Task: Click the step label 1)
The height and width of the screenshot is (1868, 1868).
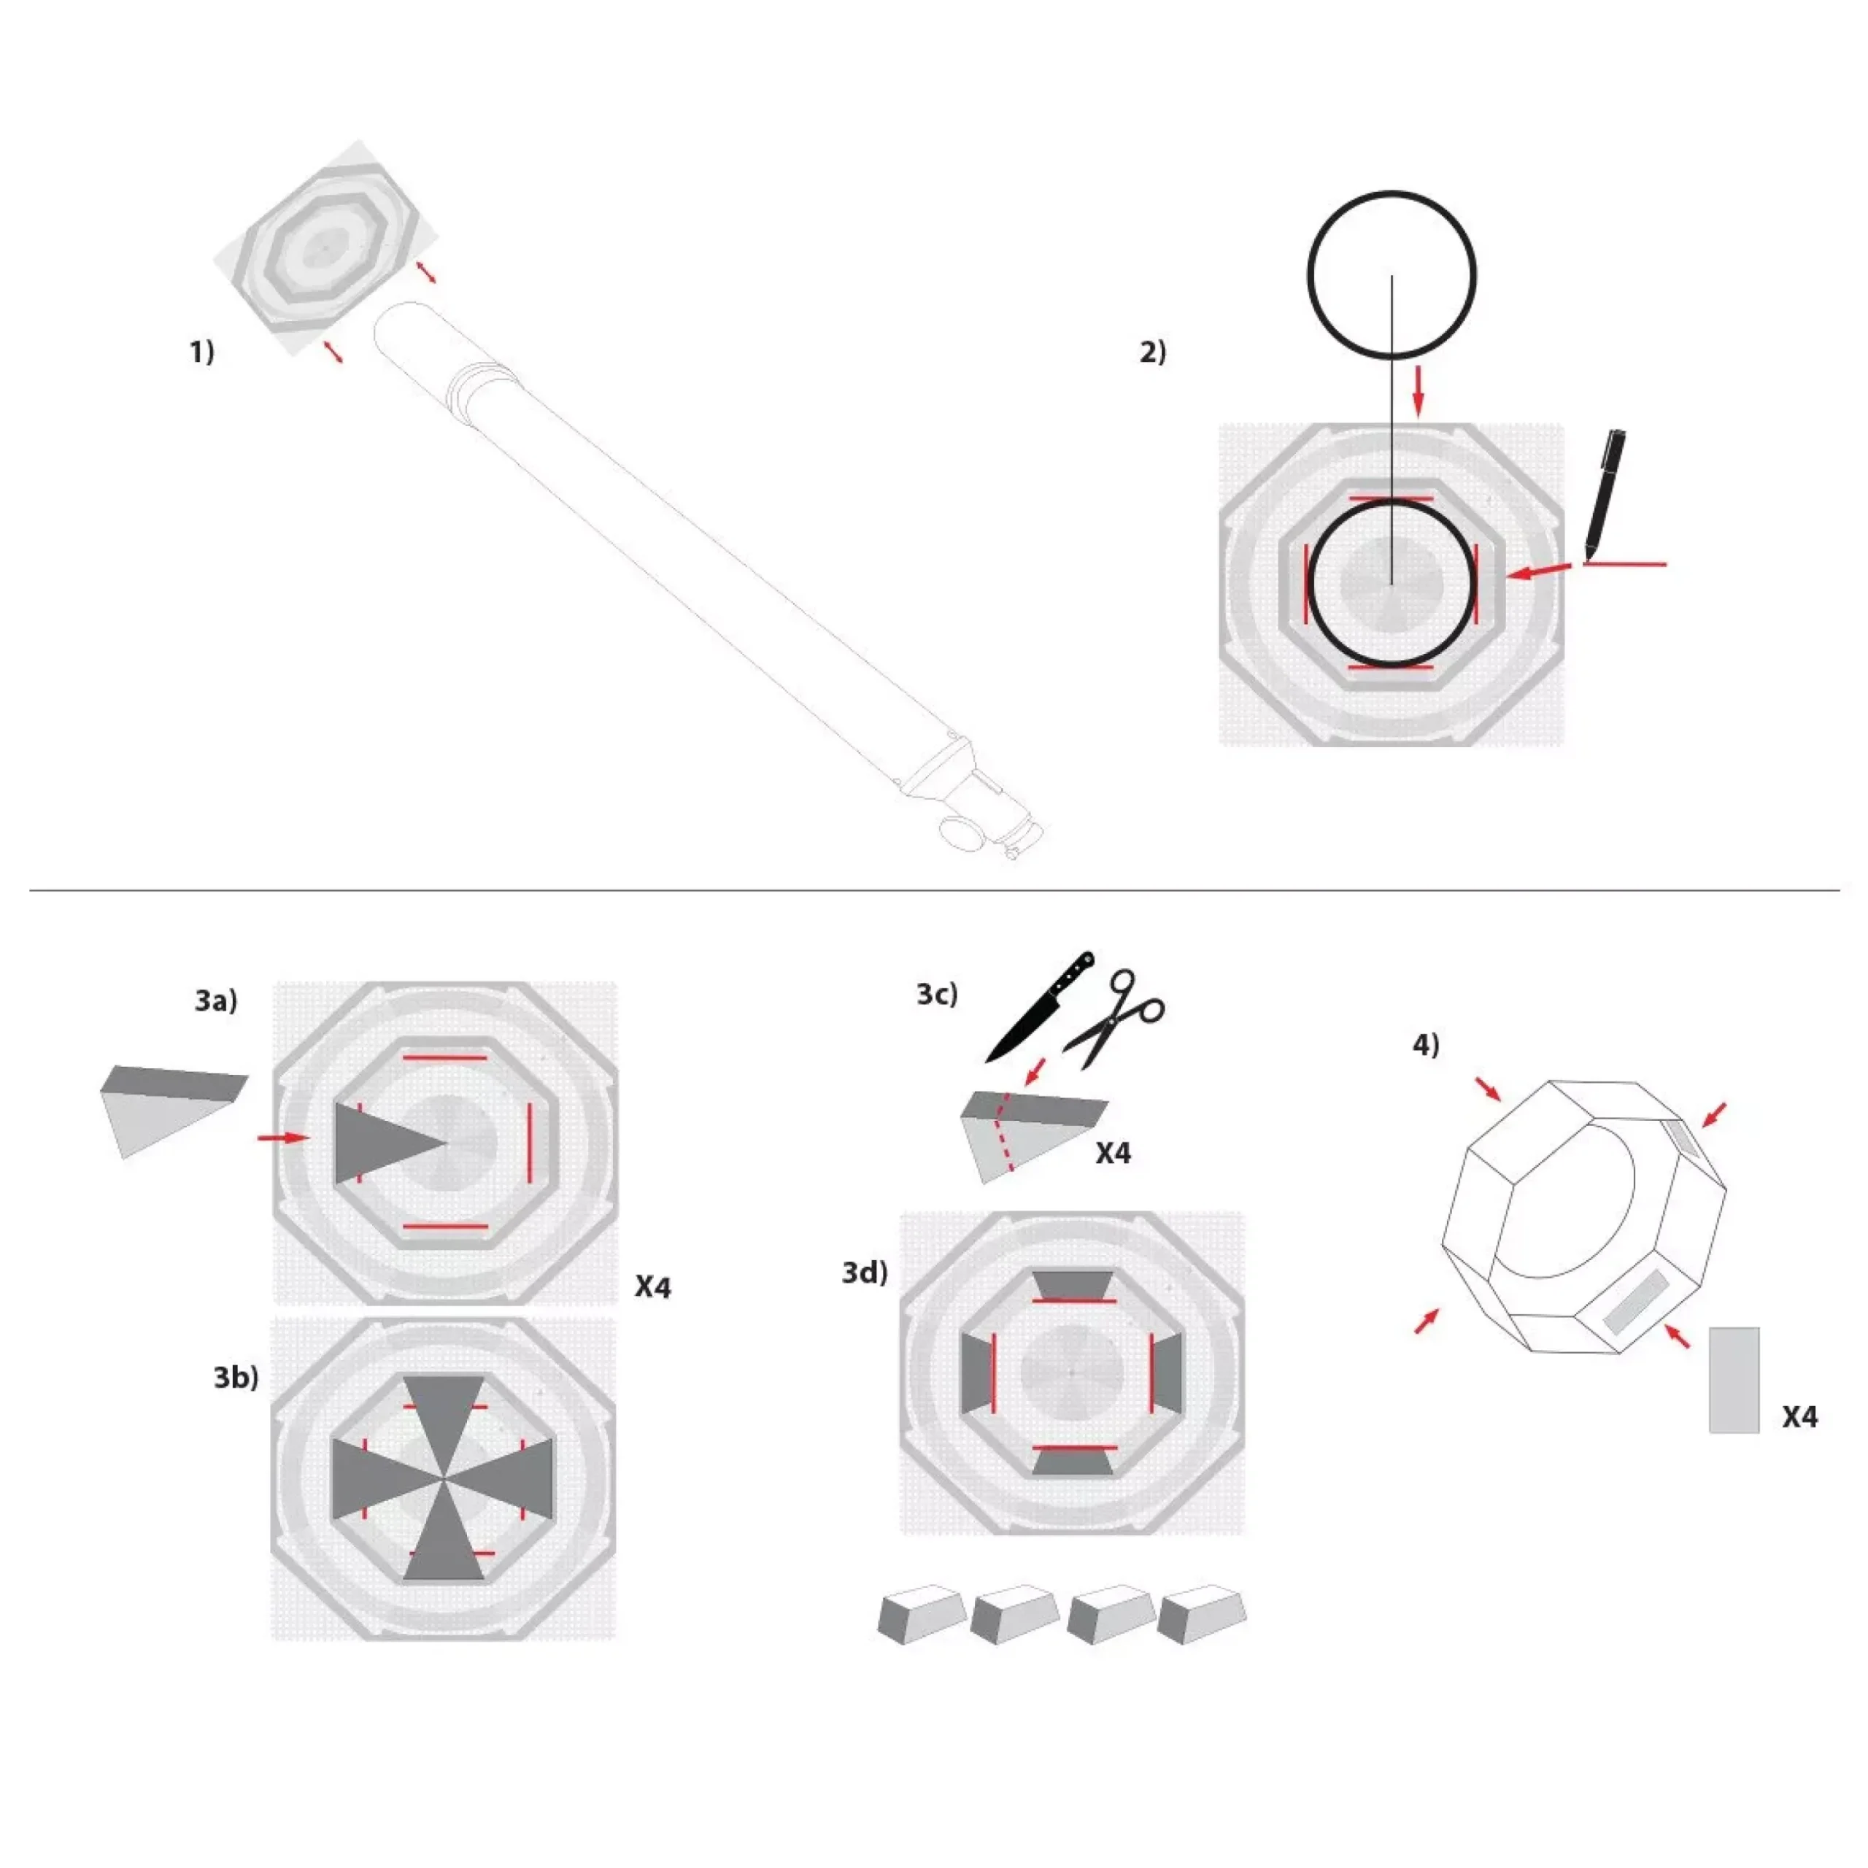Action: (201, 352)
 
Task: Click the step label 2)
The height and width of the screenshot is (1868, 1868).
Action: (1152, 352)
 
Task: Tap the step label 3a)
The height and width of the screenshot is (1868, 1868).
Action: (215, 1000)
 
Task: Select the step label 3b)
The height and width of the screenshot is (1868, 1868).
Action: (236, 1377)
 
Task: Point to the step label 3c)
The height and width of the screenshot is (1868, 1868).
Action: (937, 994)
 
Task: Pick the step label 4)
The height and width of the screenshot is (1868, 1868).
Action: (1426, 1044)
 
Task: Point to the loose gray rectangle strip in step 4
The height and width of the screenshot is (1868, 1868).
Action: (1734, 1380)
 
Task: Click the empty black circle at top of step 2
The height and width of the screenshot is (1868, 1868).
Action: (1392, 193)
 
